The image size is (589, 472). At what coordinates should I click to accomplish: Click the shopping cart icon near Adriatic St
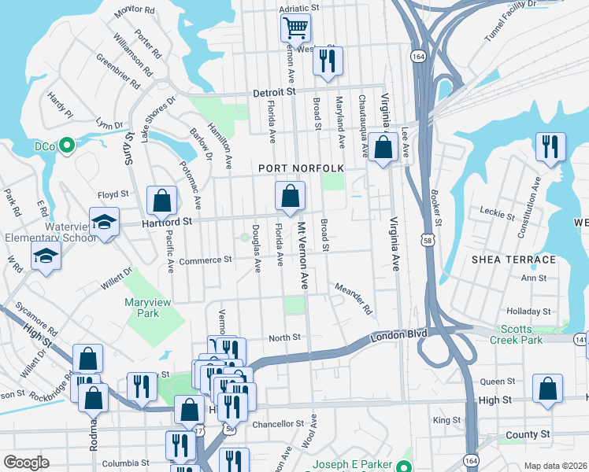tap(295, 28)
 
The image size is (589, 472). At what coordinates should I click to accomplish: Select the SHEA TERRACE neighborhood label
tap(513, 260)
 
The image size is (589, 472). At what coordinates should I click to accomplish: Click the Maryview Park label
tap(142, 308)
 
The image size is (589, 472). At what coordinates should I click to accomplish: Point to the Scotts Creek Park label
tap(521, 334)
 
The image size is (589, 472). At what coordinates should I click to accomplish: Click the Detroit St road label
tap(273, 93)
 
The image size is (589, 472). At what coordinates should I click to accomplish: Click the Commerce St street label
tap(206, 260)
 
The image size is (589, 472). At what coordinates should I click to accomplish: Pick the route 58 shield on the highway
tap(426, 238)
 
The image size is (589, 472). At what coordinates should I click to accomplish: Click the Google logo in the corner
tap(26, 463)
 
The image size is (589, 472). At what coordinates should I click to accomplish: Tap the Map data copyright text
tap(555, 466)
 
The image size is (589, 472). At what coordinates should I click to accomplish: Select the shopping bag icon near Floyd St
tap(161, 201)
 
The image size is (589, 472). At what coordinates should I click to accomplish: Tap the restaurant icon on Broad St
tap(328, 61)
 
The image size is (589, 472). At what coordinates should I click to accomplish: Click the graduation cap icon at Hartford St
tap(103, 222)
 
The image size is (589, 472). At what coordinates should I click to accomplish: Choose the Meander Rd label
tap(353, 298)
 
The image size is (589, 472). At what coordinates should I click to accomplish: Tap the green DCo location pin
tap(67, 145)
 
